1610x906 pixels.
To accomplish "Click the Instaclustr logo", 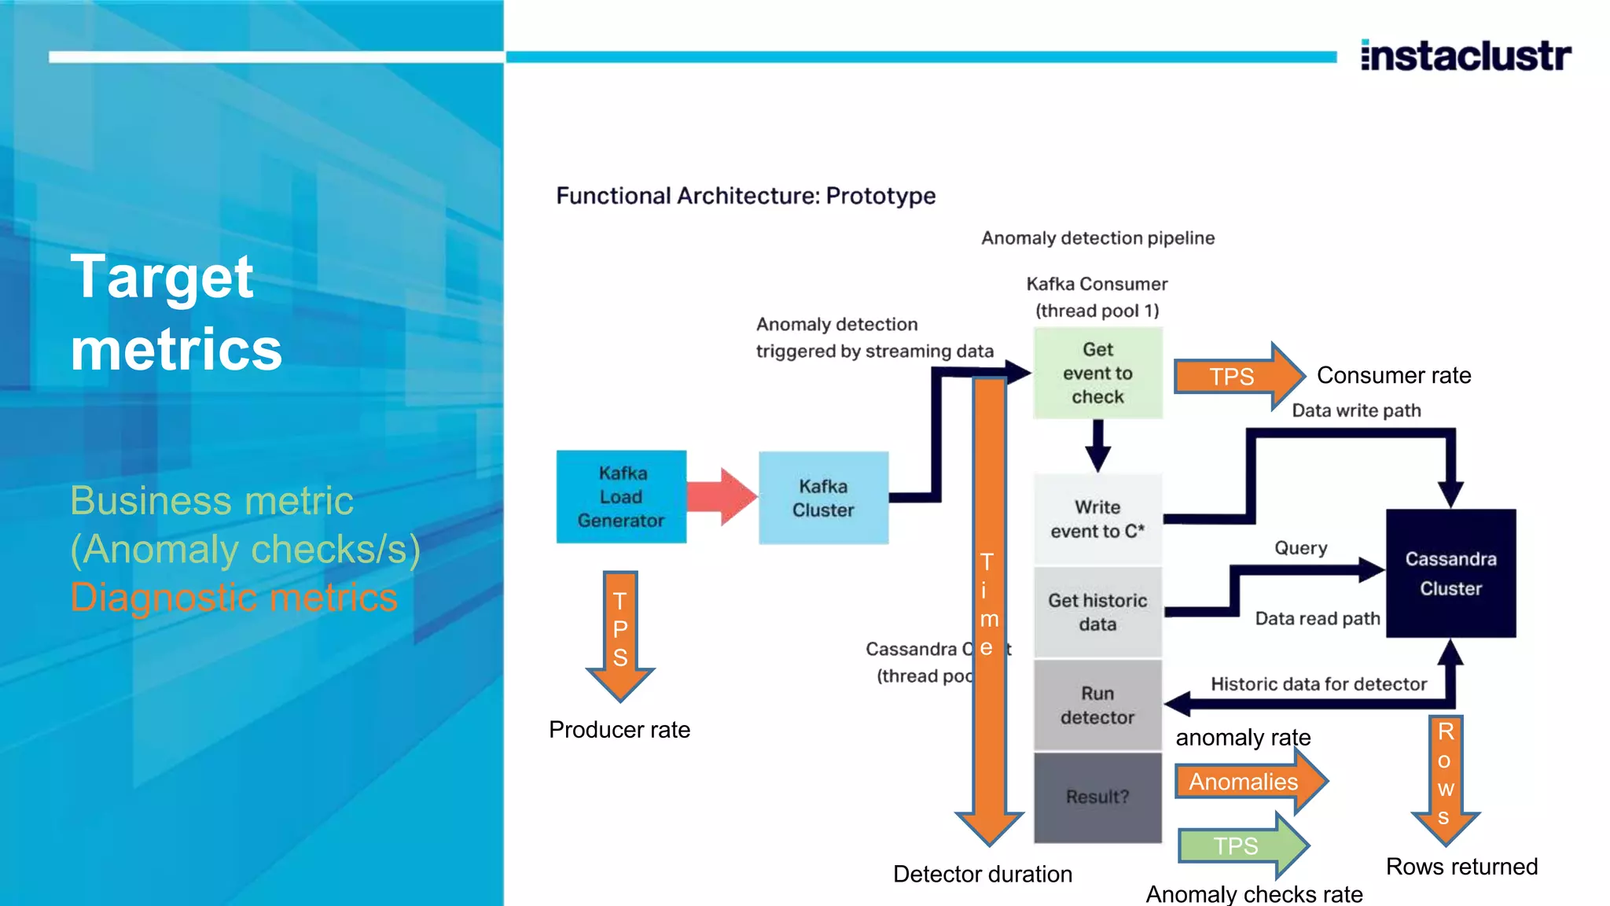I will click(1465, 56).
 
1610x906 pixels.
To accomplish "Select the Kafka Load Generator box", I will click(621, 496).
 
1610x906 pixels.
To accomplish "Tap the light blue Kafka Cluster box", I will click(823, 498).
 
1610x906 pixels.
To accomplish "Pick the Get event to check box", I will click(1097, 373).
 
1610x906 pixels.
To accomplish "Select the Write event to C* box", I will click(1097, 519).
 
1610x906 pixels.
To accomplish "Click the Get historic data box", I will click(1097, 612).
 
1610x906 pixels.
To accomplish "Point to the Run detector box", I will click(1097, 705).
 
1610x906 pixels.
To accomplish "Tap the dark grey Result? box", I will click(1097, 797).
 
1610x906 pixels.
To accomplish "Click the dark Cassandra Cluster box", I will click(1450, 573).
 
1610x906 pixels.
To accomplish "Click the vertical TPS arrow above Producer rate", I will click(620, 633).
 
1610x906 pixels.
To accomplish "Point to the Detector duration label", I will click(983, 874).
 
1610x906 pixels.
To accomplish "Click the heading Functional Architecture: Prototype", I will click(745, 195).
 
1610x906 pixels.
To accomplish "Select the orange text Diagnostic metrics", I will click(233, 597).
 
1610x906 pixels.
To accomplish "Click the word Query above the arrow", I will click(1300, 547).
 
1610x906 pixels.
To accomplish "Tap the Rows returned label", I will click(1461, 866).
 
